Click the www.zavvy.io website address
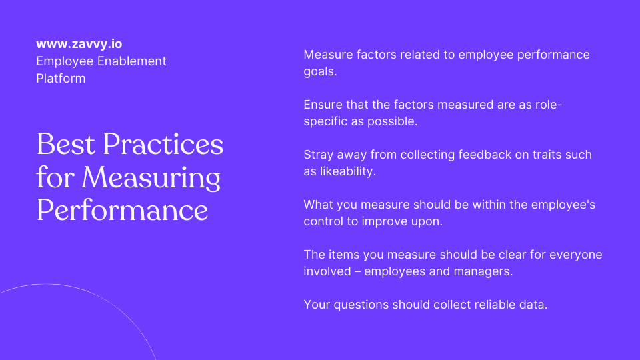coord(79,45)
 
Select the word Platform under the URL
coord(61,79)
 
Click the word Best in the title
coord(63,145)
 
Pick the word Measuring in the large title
coord(151,177)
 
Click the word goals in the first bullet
coord(320,71)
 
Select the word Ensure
coord(323,105)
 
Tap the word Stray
coord(319,155)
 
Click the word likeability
coord(349,171)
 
